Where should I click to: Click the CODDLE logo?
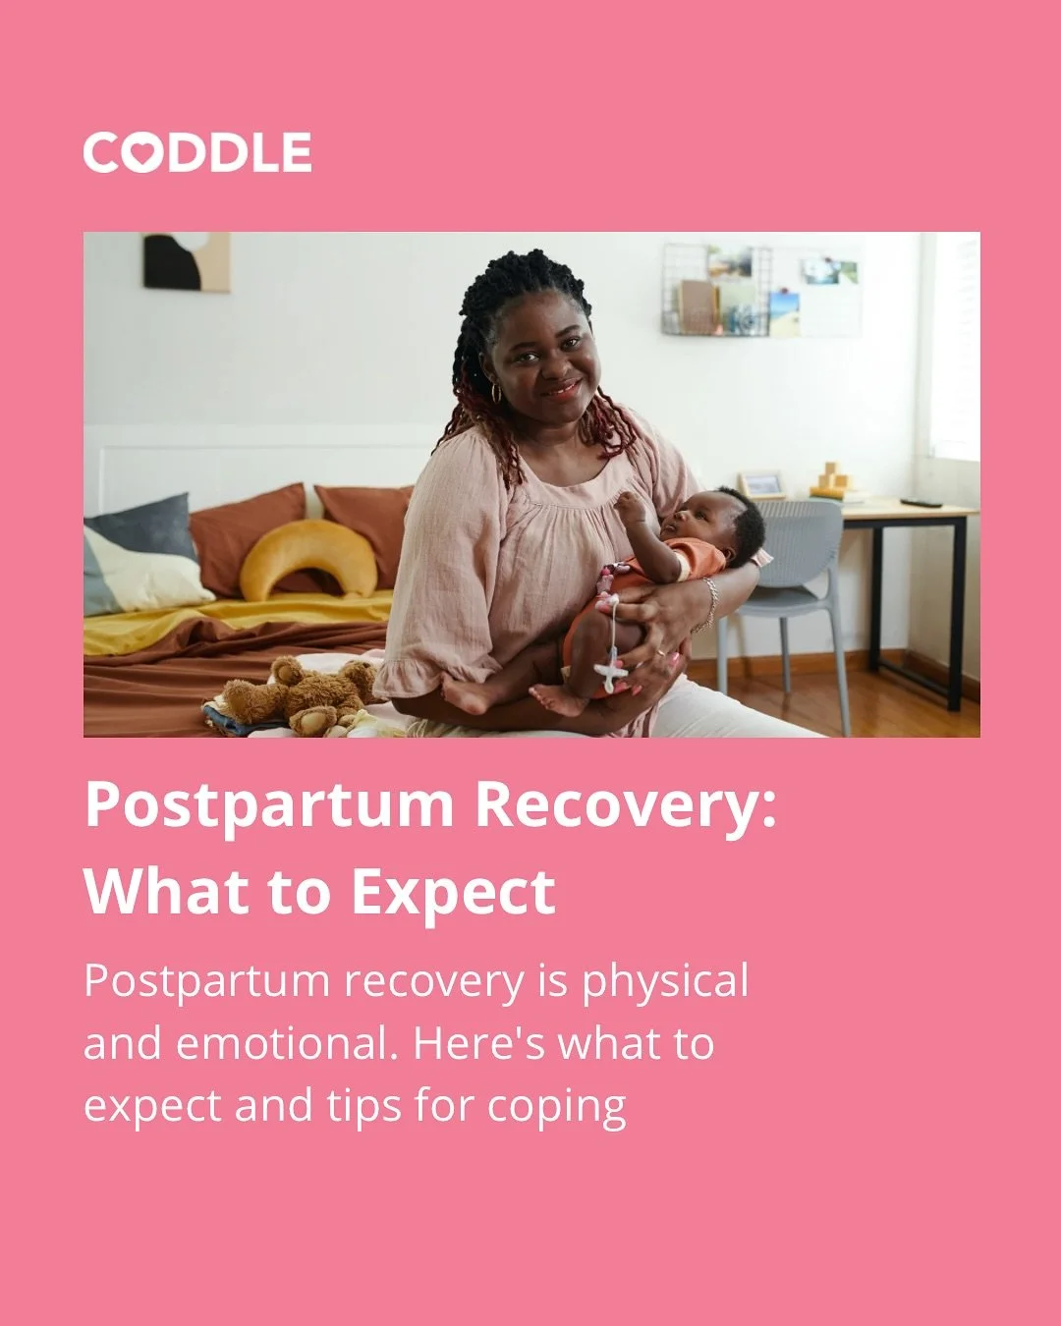coord(197,153)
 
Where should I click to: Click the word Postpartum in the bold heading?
coord(269,806)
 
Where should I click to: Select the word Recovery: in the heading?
coord(625,806)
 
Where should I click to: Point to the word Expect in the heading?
coord(453,893)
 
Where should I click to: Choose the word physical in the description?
coord(665,982)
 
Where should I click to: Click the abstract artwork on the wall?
coord(187,261)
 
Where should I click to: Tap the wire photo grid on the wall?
coord(761,290)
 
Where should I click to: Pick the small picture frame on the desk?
coord(761,484)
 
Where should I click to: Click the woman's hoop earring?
coord(496,393)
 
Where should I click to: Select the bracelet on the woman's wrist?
coord(709,604)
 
